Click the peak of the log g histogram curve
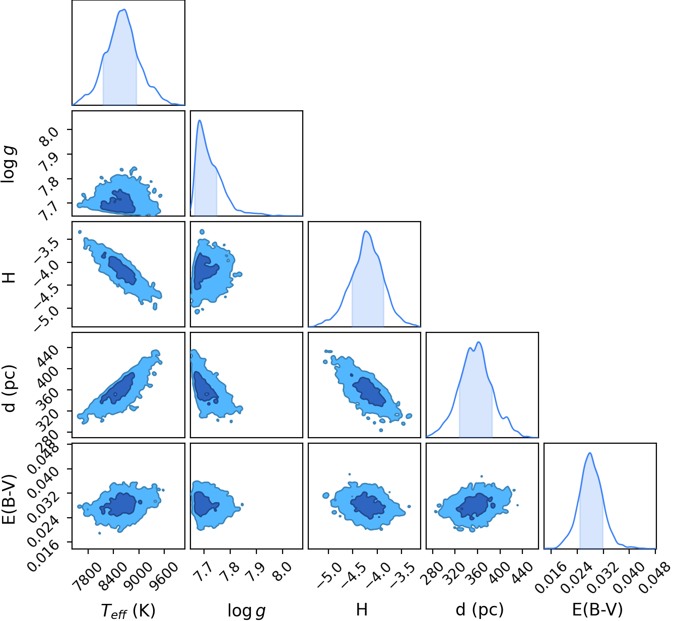pos(199,120)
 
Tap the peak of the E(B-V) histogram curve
pos(590,453)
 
